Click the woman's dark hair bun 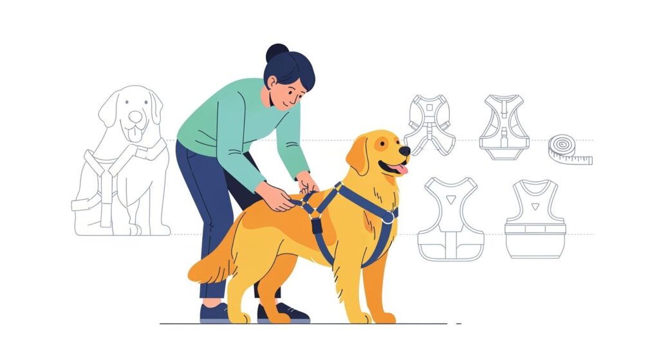(x=276, y=53)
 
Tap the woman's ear (x=273, y=84)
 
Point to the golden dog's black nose (x=405, y=151)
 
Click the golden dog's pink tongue (x=400, y=169)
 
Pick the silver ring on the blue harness (x=388, y=219)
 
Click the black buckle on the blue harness (x=317, y=225)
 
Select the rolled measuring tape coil (x=562, y=147)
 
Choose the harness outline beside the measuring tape (x=504, y=127)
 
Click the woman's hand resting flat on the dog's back (x=275, y=198)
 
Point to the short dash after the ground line (x=458, y=323)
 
